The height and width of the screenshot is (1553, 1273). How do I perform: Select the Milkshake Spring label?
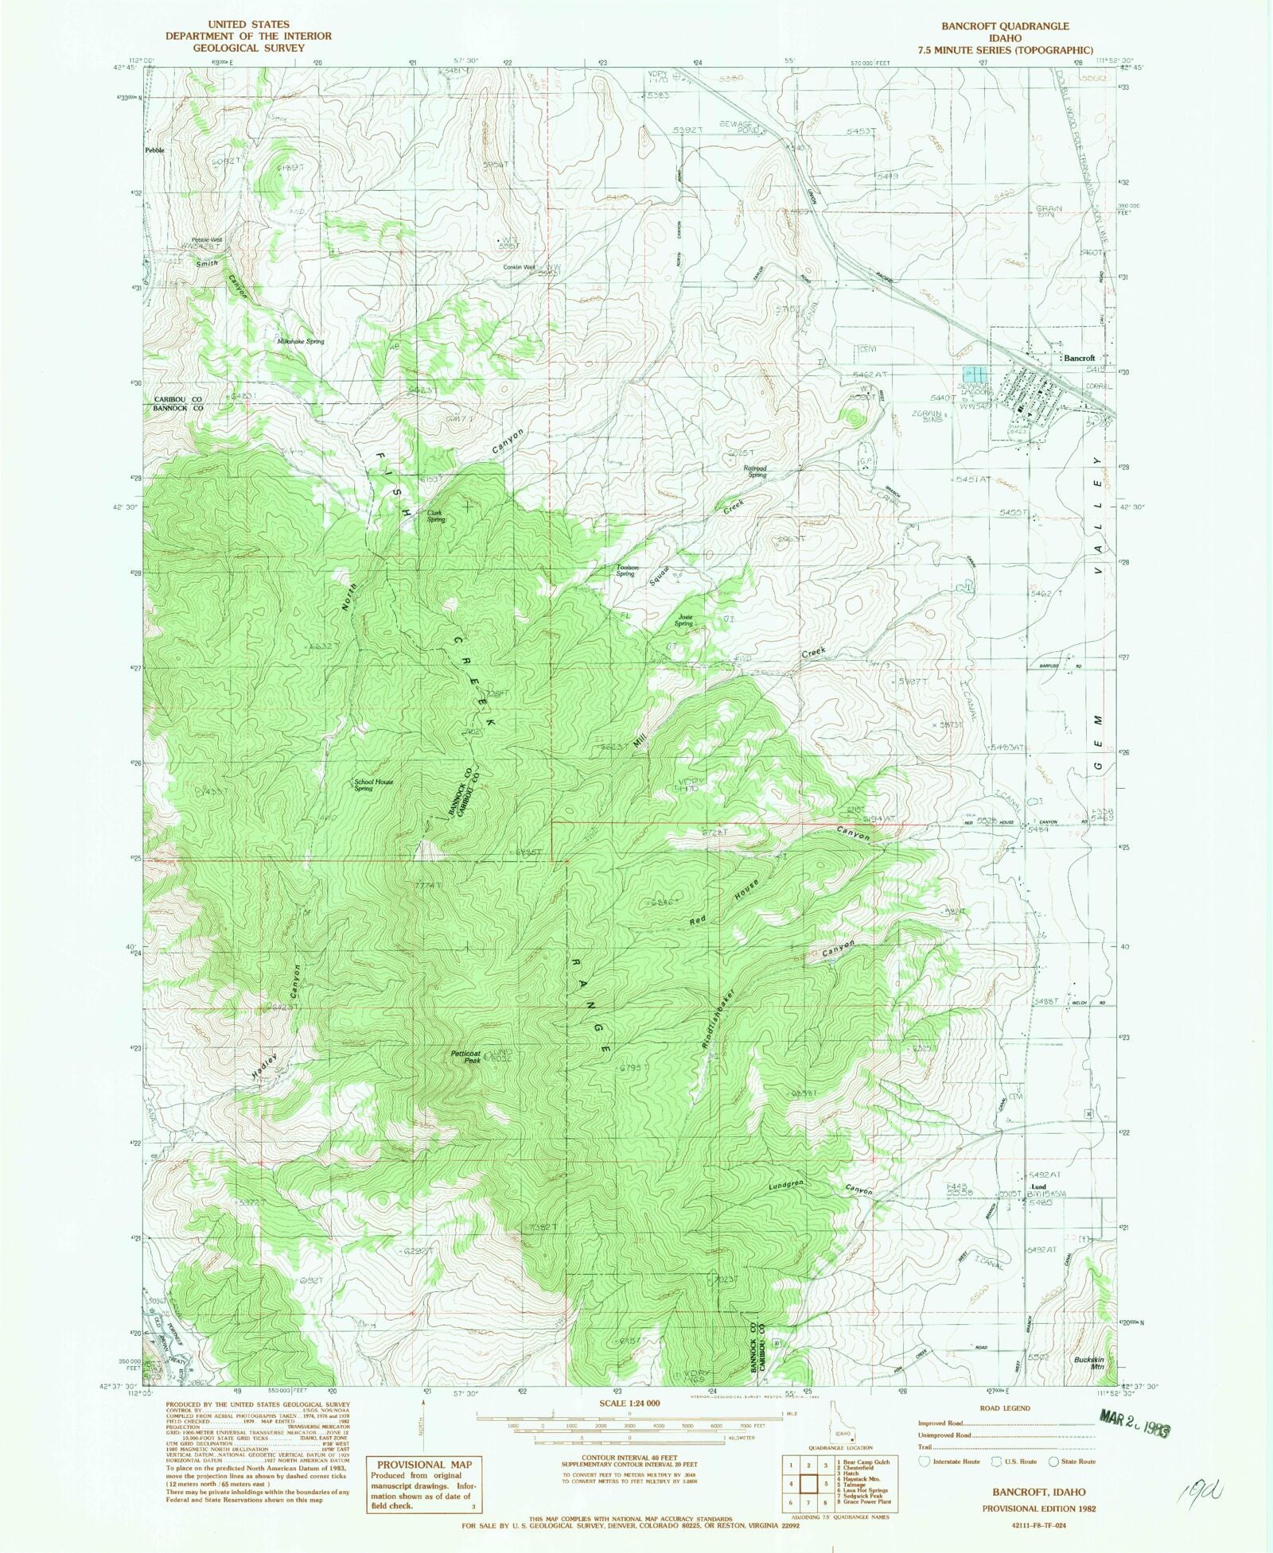point(300,341)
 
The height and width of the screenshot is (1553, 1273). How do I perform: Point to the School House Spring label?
point(373,785)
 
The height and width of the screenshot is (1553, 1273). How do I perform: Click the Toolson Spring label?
point(625,570)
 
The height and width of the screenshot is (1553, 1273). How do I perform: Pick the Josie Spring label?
point(683,620)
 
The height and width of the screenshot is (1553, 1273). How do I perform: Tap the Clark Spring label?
point(435,516)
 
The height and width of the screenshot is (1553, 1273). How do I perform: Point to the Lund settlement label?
point(1038,1187)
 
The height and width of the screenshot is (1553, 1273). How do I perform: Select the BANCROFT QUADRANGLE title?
point(1006,25)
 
